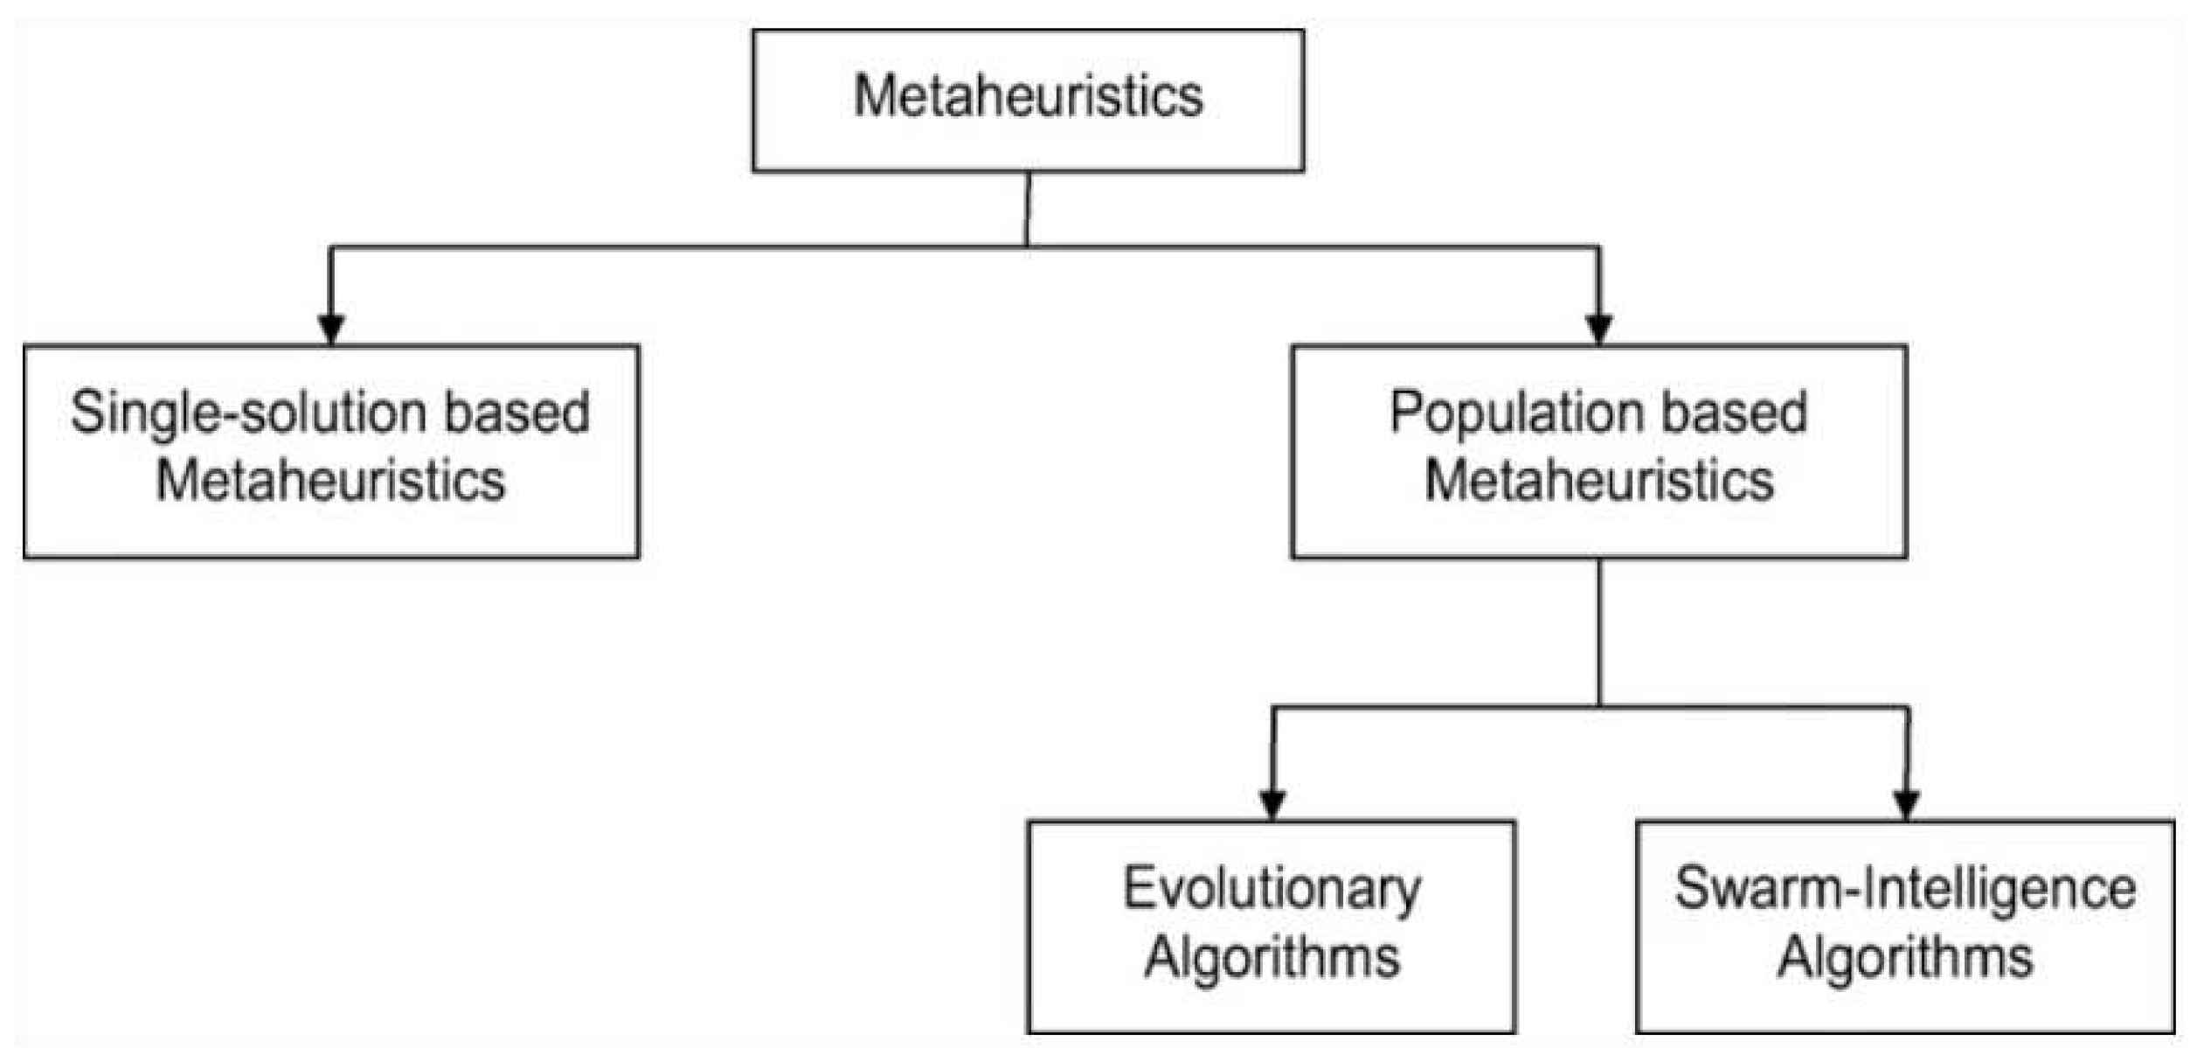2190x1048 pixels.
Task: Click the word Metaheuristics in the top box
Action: pos(1028,95)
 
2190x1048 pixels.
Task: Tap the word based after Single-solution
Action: pos(517,413)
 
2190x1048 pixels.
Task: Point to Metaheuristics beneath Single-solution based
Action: pos(330,481)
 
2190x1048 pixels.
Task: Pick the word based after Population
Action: pos(1734,413)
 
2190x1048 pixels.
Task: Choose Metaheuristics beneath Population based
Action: pos(1599,481)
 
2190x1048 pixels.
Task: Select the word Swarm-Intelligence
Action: pos(1905,890)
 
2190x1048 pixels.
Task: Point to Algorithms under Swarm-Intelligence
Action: pos(1905,958)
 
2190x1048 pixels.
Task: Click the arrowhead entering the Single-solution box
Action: pos(330,330)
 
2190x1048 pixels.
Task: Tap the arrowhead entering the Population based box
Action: pos(1599,330)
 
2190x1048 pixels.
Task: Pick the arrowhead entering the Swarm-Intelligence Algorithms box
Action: pos(1906,804)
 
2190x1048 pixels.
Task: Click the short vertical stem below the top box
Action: pos(1028,210)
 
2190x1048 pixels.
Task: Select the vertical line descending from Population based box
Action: pos(1599,631)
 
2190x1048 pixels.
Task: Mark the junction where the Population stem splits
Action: pos(1599,706)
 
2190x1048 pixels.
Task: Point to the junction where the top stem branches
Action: pos(1027,247)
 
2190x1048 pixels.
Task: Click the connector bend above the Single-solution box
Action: pos(331,248)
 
